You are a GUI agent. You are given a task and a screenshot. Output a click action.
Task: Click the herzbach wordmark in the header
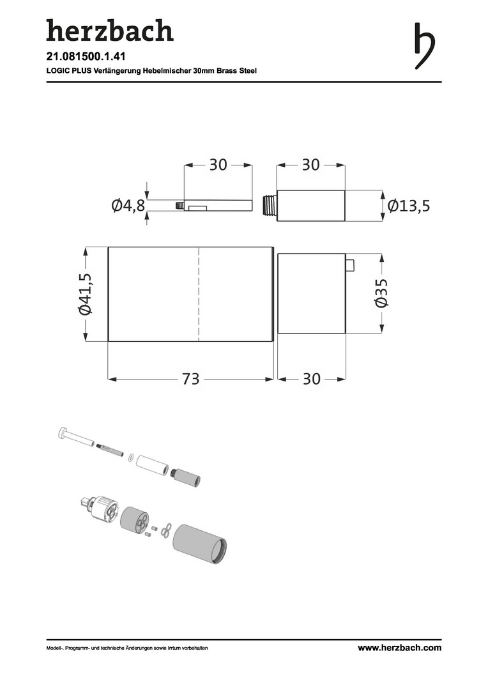[x=110, y=31]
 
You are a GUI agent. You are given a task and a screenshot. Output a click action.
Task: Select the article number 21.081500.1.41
[x=86, y=57]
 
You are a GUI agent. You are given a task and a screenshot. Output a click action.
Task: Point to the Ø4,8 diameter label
[x=128, y=205]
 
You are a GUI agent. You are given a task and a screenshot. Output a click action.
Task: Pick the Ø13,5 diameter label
[x=409, y=206]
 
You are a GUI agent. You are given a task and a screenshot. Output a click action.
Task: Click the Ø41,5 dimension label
[x=85, y=294]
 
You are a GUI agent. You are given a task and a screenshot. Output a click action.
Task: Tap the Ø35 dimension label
[x=381, y=292]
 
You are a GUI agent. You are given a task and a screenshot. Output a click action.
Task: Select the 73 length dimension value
[x=191, y=378]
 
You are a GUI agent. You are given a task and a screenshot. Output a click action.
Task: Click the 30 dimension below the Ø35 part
[x=312, y=378]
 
